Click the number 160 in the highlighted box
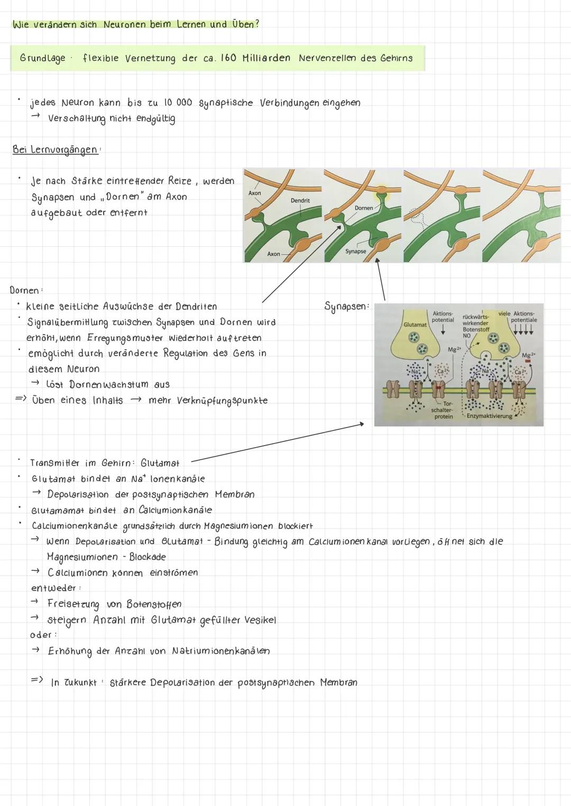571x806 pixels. [227, 58]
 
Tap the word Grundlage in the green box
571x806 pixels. [42, 58]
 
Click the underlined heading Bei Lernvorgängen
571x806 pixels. [55, 150]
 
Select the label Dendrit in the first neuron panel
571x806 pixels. [300, 201]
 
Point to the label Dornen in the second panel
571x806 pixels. [364, 208]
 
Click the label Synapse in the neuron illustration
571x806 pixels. [355, 252]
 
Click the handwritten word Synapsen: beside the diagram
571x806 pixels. [347, 307]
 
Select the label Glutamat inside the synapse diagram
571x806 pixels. [415, 325]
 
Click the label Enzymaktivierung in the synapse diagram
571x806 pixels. [489, 416]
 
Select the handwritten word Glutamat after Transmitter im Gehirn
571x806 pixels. [160, 464]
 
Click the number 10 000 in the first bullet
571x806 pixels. [178, 103]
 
